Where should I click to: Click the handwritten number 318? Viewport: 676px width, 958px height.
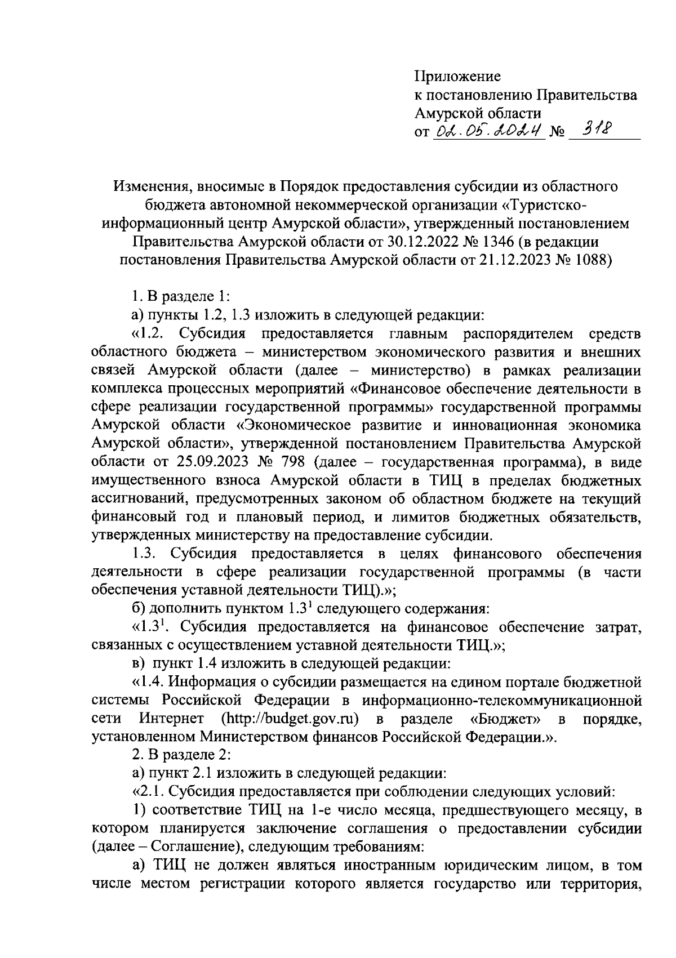[x=589, y=131]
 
